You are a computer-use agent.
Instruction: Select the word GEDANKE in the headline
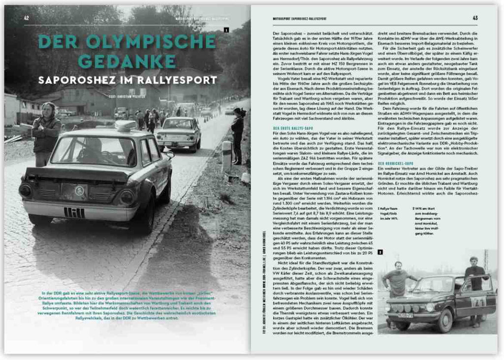(127, 61)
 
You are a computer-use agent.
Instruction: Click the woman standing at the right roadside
(238, 135)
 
